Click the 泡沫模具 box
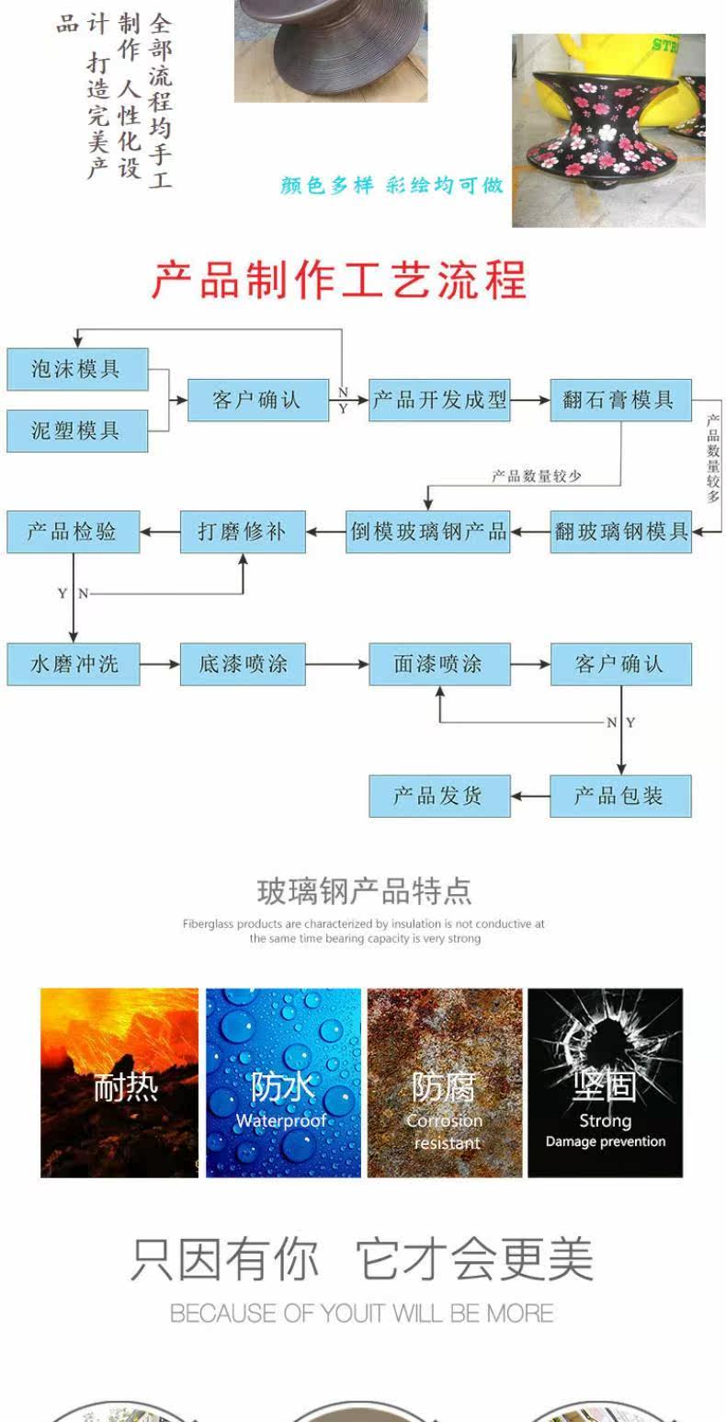77,369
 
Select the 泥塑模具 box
77,430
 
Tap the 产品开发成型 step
439,400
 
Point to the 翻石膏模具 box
620,400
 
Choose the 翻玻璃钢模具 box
620,531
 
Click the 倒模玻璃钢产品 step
428,531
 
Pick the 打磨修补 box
243,531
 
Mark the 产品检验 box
74,531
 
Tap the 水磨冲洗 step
74,664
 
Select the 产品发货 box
439,796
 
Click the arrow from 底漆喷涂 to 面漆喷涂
336,664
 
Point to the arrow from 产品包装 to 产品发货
530,796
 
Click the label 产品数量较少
537,476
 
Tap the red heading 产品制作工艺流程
339,280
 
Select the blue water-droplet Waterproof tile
283,1083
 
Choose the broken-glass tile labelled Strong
605,1083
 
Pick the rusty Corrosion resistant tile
445,1083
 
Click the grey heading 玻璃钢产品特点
364,891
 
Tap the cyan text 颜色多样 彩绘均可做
392,185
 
